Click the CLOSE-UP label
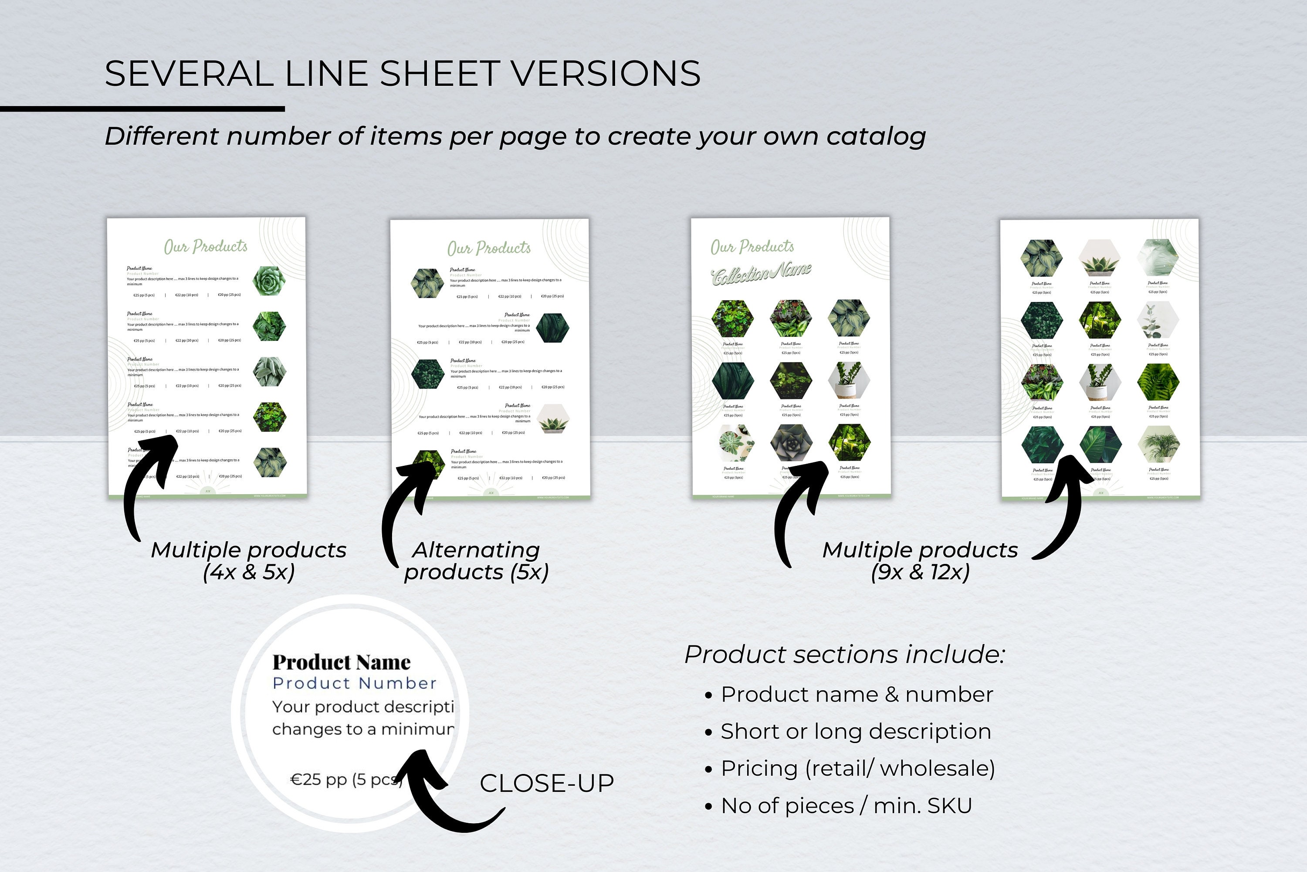click(x=546, y=783)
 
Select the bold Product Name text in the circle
click(x=341, y=662)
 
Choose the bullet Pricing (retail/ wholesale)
click(x=857, y=769)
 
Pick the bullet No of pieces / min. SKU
click(x=846, y=806)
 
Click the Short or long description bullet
click(x=855, y=731)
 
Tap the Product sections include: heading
click(x=844, y=655)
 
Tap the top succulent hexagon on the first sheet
click(x=270, y=280)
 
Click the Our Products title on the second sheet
click(x=489, y=248)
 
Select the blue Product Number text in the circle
click(x=354, y=683)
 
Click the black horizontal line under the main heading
click(x=142, y=109)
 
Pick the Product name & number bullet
click(x=856, y=695)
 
